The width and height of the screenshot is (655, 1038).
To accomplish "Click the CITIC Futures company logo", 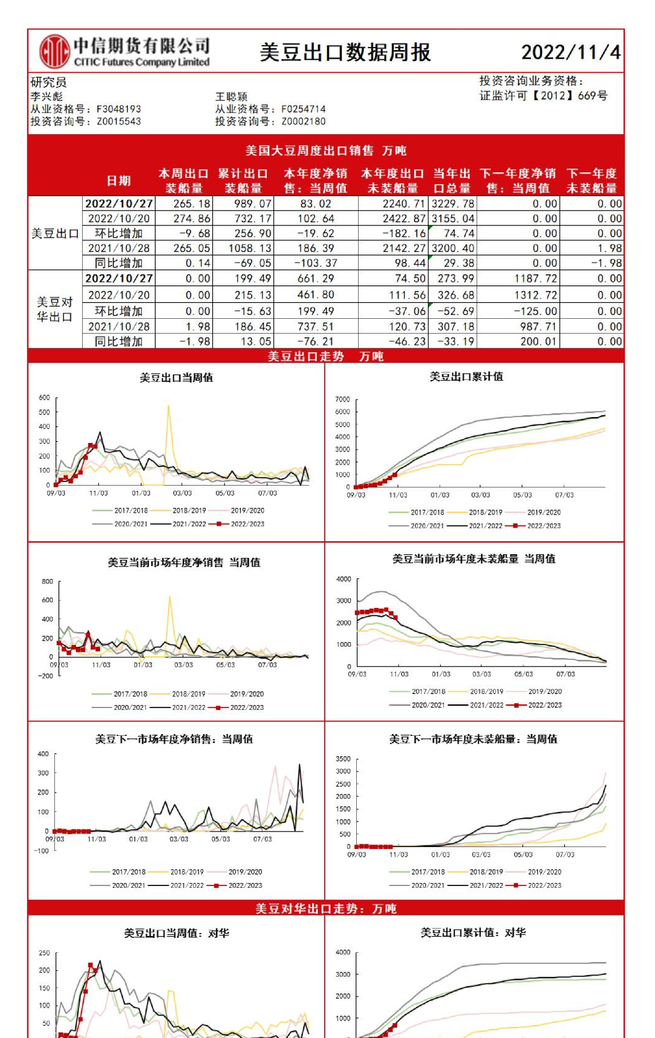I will click(x=55, y=51).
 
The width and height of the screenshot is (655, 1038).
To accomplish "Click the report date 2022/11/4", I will click(x=570, y=52).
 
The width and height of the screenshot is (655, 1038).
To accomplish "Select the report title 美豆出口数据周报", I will click(x=345, y=53).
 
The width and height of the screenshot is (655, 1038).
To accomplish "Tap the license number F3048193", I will click(x=119, y=109).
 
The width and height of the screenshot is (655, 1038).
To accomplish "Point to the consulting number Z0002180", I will click(x=303, y=122).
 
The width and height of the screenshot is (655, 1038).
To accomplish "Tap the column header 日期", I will click(x=119, y=180).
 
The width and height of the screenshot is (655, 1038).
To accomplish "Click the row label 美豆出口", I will click(x=55, y=234).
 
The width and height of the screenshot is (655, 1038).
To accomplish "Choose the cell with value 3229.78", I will click(x=453, y=204).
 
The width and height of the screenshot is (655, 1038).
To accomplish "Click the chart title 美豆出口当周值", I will click(x=176, y=378).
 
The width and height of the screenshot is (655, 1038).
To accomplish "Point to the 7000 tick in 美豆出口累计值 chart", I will click(x=343, y=400).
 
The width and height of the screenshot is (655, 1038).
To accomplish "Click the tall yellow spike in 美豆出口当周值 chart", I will click(x=169, y=408).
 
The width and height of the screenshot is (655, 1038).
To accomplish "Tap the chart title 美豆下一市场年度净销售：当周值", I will click(x=174, y=739).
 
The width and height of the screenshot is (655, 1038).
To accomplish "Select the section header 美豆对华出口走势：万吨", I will click(x=326, y=908).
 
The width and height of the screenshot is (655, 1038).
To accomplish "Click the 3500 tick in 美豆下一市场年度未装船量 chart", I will click(x=343, y=759).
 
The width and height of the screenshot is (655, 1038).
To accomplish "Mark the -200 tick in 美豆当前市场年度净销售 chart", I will click(x=46, y=676).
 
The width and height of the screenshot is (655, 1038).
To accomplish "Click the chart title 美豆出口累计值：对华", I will click(x=473, y=932).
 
